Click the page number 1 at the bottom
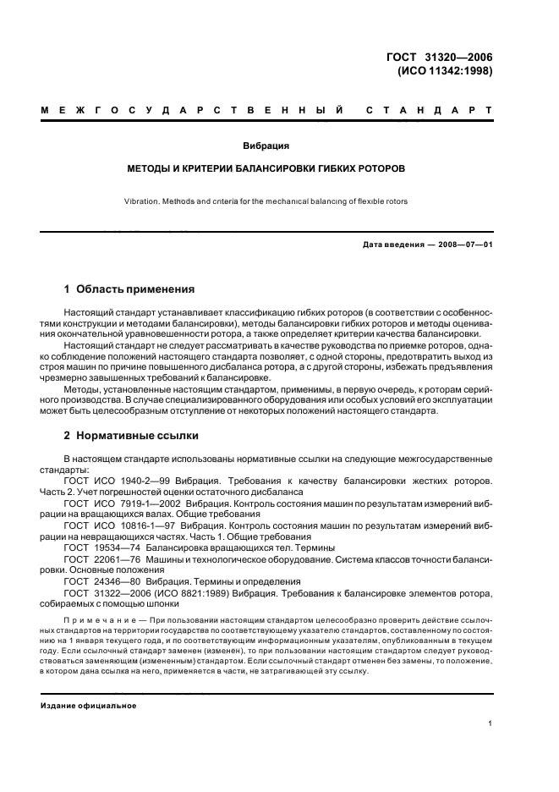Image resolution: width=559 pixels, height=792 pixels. click(490, 723)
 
